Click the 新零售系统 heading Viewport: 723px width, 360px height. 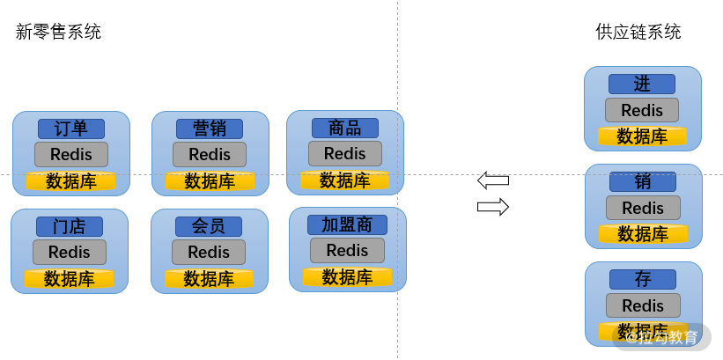coord(58,33)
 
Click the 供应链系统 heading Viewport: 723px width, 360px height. coord(638,33)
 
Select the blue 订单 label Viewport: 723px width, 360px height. coord(71,129)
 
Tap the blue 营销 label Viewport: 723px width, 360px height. coord(210,129)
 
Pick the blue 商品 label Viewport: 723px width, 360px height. coord(345,129)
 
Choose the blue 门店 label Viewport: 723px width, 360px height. coord(70,227)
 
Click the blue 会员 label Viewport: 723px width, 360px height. coord(209,227)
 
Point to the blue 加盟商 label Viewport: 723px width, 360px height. coord(347,225)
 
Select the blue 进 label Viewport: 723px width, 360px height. coord(642,84)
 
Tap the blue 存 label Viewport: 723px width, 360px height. coord(643,279)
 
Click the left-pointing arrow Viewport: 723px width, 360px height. coord(493,180)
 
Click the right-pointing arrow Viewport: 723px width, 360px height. coord(493,207)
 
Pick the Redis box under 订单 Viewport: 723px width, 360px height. coord(71,154)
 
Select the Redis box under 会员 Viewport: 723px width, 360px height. coord(209,252)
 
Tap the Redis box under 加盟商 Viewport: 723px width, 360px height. coord(347,250)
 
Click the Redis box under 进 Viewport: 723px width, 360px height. coord(642,110)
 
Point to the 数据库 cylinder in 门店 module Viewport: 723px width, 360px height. coord(70,279)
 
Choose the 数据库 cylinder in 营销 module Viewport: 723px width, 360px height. coord(210,181)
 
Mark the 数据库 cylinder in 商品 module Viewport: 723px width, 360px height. coord(345,180)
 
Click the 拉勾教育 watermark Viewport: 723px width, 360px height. coord(661,337)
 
